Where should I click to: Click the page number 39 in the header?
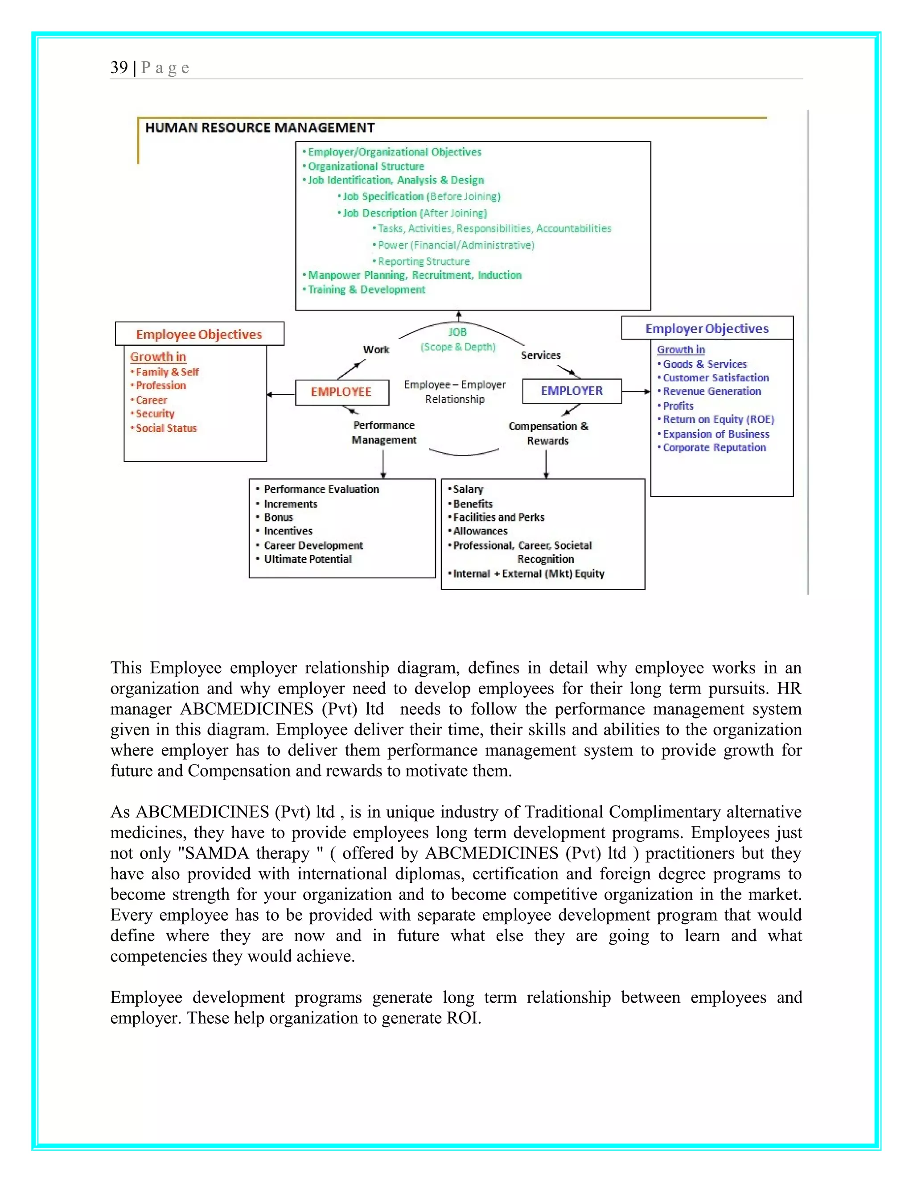pyautogui.click(x=119, y=68)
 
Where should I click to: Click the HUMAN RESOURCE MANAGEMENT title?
pyautogui.click(x=259, y=128)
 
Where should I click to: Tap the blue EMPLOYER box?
pyautogui.click(x=572, y=391)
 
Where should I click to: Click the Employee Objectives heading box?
pyautogui.click(x=199, y=335)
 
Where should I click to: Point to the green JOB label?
pyautogui.click(x=457, y=332)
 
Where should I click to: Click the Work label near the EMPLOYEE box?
pyautogui.click(x=376, y=350)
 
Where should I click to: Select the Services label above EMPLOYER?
pyautogui.click(x=540, y=355)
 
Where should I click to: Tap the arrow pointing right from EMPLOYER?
pyautogui.click(x=636, y=392)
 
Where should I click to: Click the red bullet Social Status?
pyautogui.click(x=166, y=428)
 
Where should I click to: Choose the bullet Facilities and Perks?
pyautogui.click(x=498, y=517)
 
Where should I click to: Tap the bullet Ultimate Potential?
pyautogui.click(x=307, y=559)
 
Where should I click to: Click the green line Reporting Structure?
pyautogui.click(x=424, y=261)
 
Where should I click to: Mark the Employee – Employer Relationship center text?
pyautogui.click(x=455, y=392)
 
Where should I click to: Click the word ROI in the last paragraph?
pyautogui.click(x=462, y=1018)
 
